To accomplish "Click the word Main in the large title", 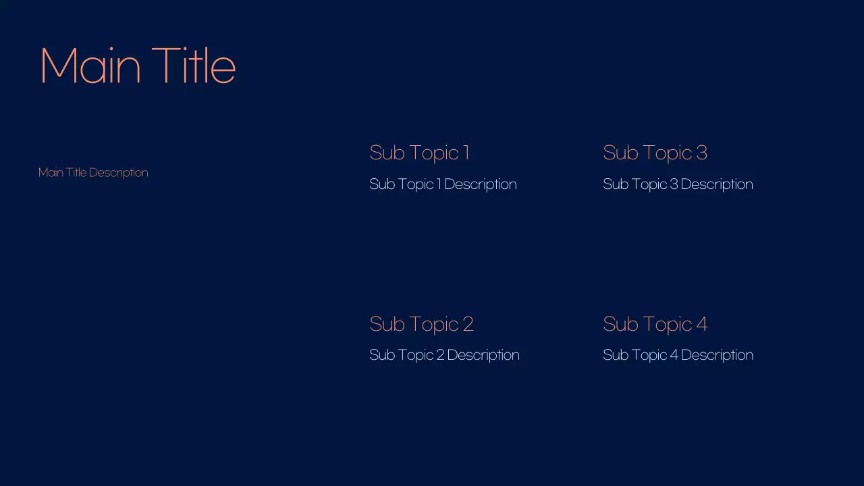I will coord(90,66).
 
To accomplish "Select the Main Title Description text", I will coord(93,173).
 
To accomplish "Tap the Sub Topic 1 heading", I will coord(419,153).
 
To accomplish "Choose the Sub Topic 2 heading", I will coord(421,325).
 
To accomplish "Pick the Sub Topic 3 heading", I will coord(655,153).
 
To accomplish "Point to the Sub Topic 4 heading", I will coord(655,325).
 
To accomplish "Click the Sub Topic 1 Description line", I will coord(443,184).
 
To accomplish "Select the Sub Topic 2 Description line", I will coord(444,355).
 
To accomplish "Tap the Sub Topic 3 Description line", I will coord(678,184).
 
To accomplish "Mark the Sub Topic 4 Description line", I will coord(678,355).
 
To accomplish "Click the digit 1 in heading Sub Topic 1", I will coord(466,153).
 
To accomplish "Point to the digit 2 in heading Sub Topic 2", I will coord(468,324).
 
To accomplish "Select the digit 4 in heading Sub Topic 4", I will coord(702,324).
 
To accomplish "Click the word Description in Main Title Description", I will coord(119,173).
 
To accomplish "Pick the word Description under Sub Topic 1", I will coord(481,184).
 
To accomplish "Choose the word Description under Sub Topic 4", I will coord(718,355).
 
